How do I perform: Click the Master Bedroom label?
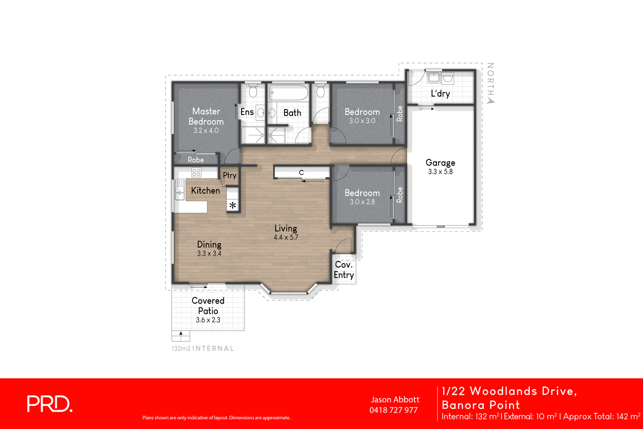[x=206, y=116]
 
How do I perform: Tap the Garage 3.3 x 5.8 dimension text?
[x=440, y=172]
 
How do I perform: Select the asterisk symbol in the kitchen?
[x=233, y=206]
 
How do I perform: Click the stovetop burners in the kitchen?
[x=196, y=172]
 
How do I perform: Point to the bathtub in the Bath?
[x=288, y=92]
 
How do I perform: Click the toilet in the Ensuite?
[x=253, y=92]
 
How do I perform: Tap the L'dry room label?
[x=440, y=94]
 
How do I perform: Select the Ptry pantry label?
[x=229, y=175]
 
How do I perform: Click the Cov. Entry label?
[x=344, y=270]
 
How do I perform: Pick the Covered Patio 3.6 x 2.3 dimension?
[x=208, y=320]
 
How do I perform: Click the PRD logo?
[x=49, y=404]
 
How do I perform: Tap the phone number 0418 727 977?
[x=393, y=410]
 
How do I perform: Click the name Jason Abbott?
[x=395, y=400]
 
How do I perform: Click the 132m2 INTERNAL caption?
[x=203, y=348]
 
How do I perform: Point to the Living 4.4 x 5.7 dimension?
[x=286, y=237]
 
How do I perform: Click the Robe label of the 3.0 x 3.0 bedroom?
[x=399, y=114]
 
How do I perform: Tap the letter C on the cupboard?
[x=301, y=172]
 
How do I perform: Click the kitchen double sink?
[x=180, y=190]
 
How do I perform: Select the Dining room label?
[x=209, y=244]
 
